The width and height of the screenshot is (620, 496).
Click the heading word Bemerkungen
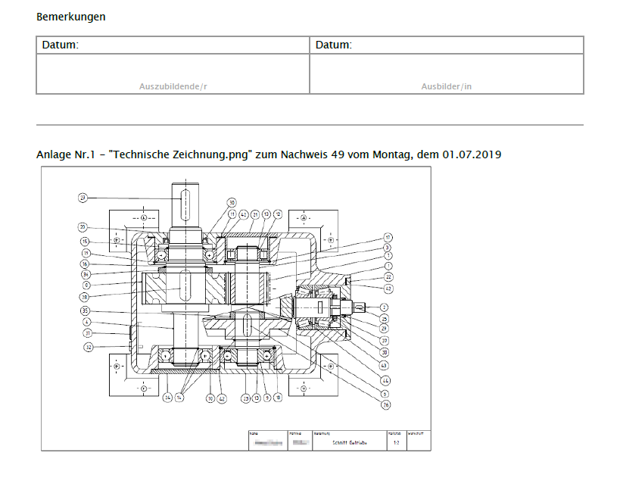71,17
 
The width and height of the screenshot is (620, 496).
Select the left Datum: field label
61,45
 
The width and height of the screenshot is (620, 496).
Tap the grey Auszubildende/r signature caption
173,86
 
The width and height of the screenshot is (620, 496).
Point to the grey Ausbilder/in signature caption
447,86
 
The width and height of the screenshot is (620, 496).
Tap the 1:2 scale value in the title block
395,443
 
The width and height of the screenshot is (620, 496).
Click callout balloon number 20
83,226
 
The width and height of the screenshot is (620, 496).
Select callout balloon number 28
85,297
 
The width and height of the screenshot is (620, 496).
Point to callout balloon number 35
85,310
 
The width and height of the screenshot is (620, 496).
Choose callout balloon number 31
88,333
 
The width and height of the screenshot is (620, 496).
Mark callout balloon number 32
88,348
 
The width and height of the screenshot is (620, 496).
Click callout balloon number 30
232,202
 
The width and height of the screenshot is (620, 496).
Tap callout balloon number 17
387,237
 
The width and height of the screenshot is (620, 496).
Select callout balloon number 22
387,277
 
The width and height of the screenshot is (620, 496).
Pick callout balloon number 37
385,340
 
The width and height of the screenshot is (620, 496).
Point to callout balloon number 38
385,352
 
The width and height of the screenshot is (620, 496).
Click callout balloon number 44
385,379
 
